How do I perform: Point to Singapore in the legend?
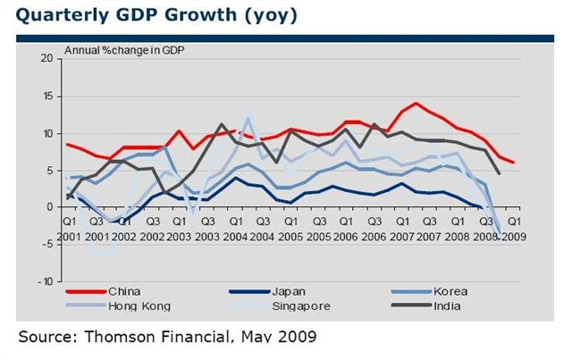tap(301, 306)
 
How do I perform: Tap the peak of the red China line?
tap(416, 103)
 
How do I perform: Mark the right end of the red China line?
tap(514, 163)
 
